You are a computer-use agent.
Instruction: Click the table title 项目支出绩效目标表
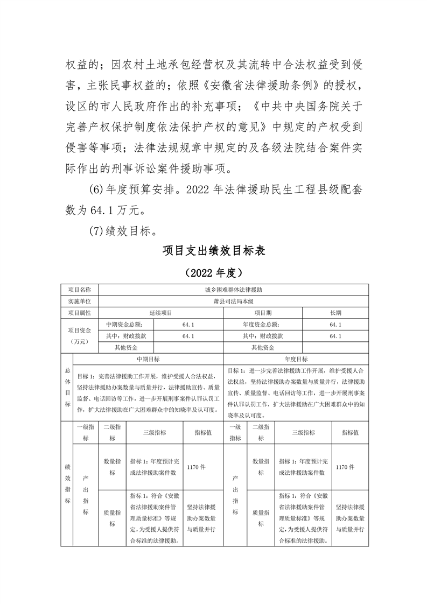tap(214, 251)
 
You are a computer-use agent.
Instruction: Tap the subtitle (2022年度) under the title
tap(214, 273)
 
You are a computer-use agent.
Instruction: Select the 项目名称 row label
tap(79, 290)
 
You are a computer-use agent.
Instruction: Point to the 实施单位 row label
tap(79, 301)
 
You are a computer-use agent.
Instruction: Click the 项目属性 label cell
tap(79, 313)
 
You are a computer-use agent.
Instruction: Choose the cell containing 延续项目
tap(160, 313)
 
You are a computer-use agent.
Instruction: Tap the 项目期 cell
tap(263, 313)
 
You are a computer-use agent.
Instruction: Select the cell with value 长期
tap(335, 313)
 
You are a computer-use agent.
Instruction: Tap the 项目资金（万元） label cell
tap(79, 336)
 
